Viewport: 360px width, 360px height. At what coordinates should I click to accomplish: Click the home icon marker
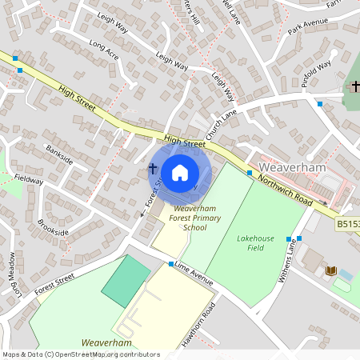(x=180, y=172)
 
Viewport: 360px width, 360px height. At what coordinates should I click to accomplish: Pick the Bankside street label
(x=59, y=154)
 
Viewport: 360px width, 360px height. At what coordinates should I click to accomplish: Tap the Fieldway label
(x=29, y=181)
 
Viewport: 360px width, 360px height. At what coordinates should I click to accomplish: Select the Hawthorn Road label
(x=195, y=327)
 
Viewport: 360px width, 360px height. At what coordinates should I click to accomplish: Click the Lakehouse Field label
(x=250, y=242)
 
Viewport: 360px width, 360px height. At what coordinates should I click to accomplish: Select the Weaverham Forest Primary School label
(x=184, y=218)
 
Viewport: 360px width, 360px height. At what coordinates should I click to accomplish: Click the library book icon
(x=331, y=271)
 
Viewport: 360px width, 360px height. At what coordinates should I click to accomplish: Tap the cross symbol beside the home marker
(x=152, y=169)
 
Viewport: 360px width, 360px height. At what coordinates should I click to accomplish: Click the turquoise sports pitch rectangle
(x=126, y=280)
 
